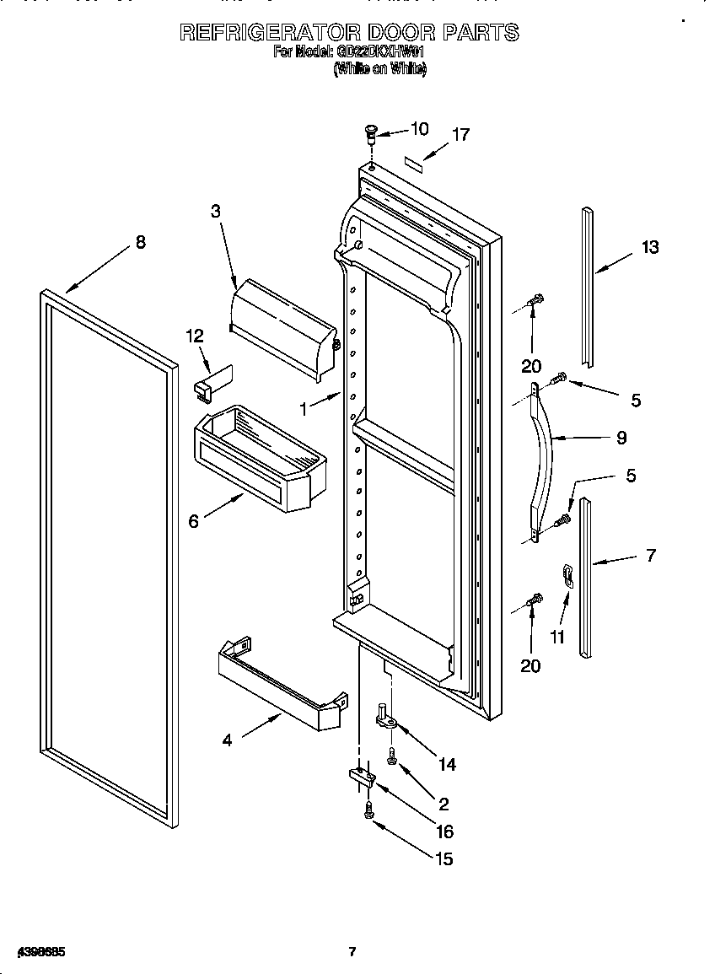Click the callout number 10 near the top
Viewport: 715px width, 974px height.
coord(418,128)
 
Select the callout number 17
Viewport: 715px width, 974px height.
coord(460,134)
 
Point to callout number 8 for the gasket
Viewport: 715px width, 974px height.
coord(140,242)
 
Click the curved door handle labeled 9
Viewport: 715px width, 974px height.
coord(540,460)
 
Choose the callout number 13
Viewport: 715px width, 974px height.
coord(649,247)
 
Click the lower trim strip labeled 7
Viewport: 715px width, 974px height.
coord(585,578)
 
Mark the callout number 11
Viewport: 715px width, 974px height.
coord(557,637)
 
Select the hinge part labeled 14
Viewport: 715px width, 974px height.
coord(387,717)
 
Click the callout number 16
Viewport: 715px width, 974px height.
coord(444,831)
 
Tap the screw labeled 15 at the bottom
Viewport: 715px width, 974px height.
coord(369,810)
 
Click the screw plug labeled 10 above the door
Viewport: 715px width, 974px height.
coord(369,132)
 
